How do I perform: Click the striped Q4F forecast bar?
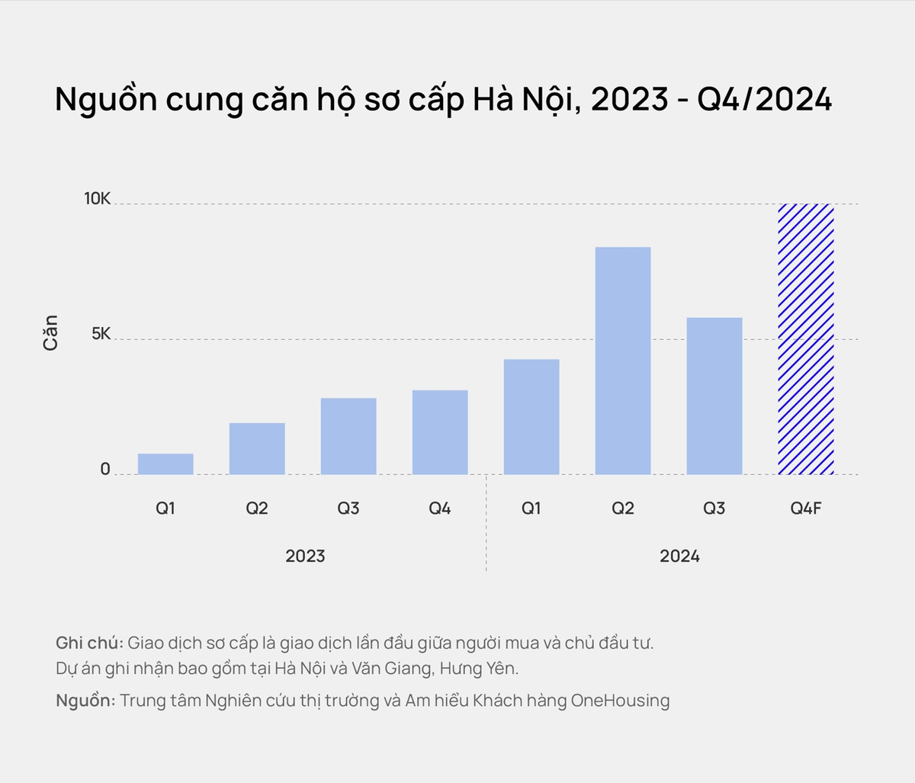click(805, 339)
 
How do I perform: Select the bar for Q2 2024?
click(623, 361)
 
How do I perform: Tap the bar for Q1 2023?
click(165, 464)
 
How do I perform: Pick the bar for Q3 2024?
click(714, 396)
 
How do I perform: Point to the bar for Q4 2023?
click(440, 432)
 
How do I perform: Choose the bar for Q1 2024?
click(531, 417)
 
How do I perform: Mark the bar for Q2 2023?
click(257, 448)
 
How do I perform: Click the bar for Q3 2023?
click(348, 436)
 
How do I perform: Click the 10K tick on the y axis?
click(97, 199)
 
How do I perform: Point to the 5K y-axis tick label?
click(101, 334)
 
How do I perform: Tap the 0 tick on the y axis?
click(105, 470)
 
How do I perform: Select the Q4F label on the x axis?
click(806, 509)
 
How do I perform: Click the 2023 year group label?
click(305, 557)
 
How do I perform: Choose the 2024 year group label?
click(679, 557)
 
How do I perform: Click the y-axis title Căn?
click(50, 332)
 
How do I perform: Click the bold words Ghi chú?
click(89, 643)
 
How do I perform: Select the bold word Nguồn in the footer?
click(85, 701)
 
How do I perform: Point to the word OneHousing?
click(620, 701)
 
